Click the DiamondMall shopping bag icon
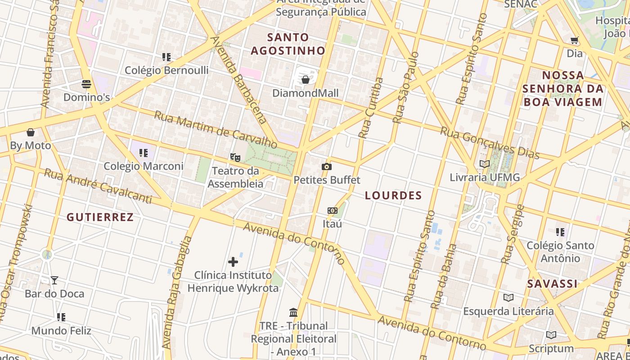coord(306,80)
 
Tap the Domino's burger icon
coord(86,84)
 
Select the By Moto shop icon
coord(31,132)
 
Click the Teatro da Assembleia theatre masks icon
coord(234,157)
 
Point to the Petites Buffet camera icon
coord(327,167)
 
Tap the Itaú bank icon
coord(333,210)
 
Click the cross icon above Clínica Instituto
coord(233,261)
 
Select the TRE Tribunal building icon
coord(293,312)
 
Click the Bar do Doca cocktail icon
coord(54,280)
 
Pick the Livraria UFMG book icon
coord(485,164)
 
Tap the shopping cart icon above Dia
coord(575,40)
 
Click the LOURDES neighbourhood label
coord(393,195)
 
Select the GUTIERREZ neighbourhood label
coord(100,217)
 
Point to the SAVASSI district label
coord(552,284)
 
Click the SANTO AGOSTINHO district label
coord(288,44)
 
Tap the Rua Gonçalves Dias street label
coord(489,143)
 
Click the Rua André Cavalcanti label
coord(98,186)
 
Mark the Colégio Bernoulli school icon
coord(166,57)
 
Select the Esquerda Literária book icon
coord(508,297)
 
